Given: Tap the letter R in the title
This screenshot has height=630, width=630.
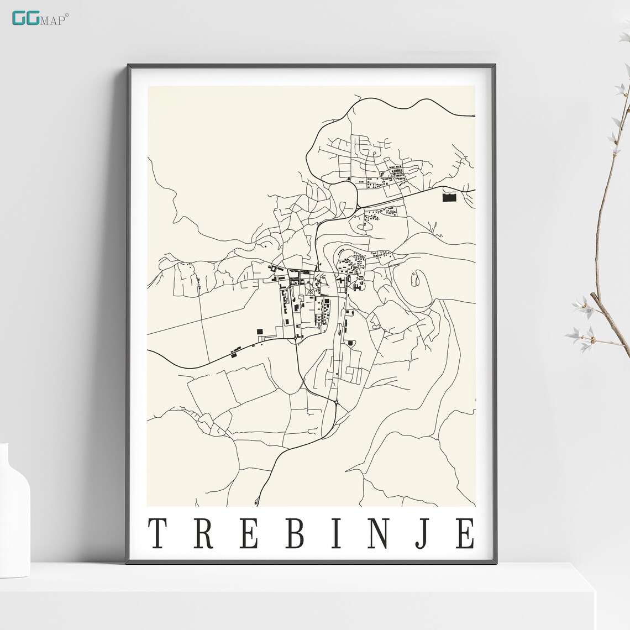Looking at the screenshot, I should click(203, 533).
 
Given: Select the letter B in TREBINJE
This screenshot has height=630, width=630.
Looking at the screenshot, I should click(295, 533).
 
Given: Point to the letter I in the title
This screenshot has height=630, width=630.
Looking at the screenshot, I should click(337, 533).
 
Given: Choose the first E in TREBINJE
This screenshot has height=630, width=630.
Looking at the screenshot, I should click(249, 533).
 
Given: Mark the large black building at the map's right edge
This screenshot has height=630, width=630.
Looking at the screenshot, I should click(450, 197).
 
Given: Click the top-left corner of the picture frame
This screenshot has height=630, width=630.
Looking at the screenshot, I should click(129, 66).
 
